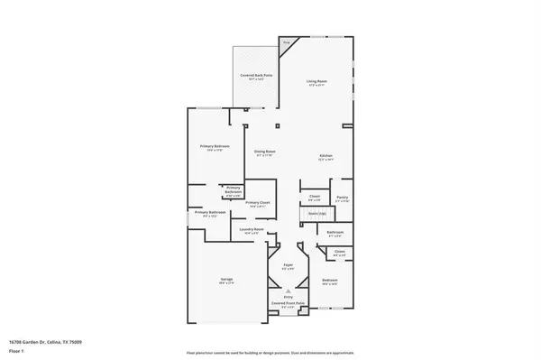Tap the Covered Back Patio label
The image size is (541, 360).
tap(256, 75)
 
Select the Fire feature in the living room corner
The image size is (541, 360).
tap(286, 42)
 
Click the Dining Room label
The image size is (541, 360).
tap(264, 151)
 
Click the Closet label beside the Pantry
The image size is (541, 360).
tap(315, 196)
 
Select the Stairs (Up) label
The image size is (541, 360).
tap(316, 214)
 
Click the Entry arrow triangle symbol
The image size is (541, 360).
tap(288, 291)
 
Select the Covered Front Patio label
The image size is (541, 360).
tap(288, 305)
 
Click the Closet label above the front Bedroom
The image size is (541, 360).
tap(339, 252)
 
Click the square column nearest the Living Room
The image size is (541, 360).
tap(278, 124)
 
